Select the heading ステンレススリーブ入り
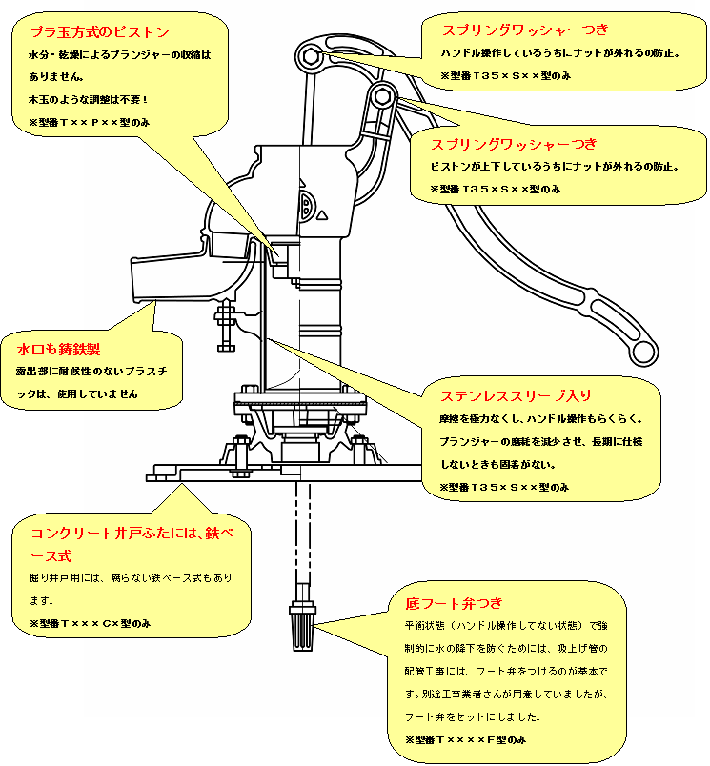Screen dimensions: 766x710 [x=516, y=394]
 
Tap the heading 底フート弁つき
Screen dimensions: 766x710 [x=454, y=604]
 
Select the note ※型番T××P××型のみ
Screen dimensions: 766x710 [x=89, y=123]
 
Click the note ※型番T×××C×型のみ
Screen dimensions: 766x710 [x=90, y=623]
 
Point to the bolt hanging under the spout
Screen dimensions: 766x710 [x=227, y=324]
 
